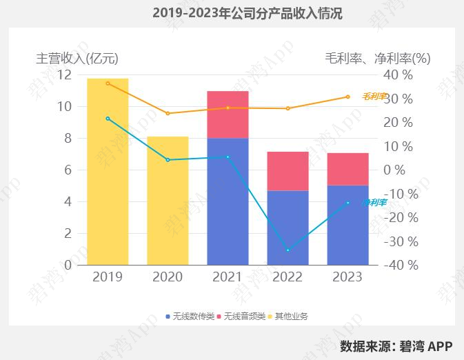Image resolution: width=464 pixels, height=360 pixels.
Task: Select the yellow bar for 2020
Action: pyautogui.click(x=168, y=200)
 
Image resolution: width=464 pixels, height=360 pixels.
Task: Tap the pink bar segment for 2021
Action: pyautogui.click(x=228, y=114)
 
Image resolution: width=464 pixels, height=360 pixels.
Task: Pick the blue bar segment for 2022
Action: pyautogui.click(x=288, y=227)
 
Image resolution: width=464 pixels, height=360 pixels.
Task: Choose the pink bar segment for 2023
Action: pyautogui.click(x=347, y=169)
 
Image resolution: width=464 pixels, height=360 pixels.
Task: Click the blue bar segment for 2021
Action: pyautogui.click(x=228, y=201)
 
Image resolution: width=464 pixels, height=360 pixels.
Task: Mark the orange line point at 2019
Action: pyautogui.click(x=108, y=83)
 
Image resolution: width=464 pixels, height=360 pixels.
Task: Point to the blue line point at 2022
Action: pyautogui.click(x=288, y=250)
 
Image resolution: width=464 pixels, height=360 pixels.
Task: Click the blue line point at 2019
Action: pyautogui.click(x=108, y=119)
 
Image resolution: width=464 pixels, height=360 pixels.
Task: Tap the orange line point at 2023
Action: pyautogui.click(x=347, y=97)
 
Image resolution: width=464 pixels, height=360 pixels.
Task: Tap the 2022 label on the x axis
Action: pyautogui.click(x=288, y=277)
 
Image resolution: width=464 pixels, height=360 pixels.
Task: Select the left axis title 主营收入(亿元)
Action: pyautogui.click(x=81, y=59)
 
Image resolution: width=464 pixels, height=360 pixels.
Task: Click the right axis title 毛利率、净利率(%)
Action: pyautogui.click(x=377, y=59)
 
